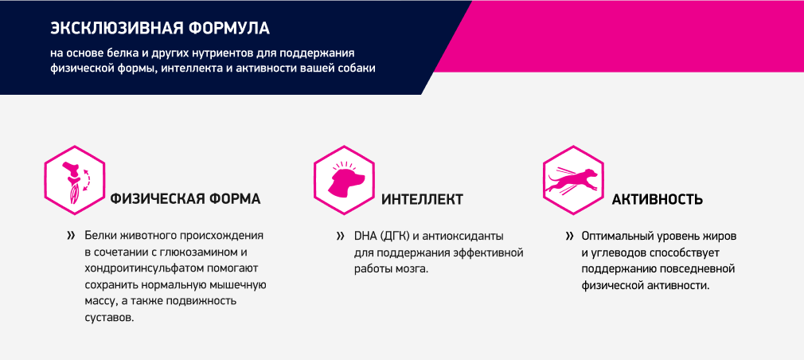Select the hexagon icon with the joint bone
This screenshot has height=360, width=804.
(75, 180)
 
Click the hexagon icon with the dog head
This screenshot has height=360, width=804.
(344, 180)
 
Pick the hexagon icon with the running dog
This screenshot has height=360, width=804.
(573, 180)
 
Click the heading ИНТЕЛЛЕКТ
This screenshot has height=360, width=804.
(422, 199)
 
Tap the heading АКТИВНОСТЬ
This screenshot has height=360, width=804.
(658, 199)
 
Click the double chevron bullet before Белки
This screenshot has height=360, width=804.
(71, 237)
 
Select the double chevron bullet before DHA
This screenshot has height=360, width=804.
(341, 237)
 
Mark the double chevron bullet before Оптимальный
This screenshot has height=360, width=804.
(569, 237)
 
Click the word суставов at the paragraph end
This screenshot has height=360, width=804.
(109, 318)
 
